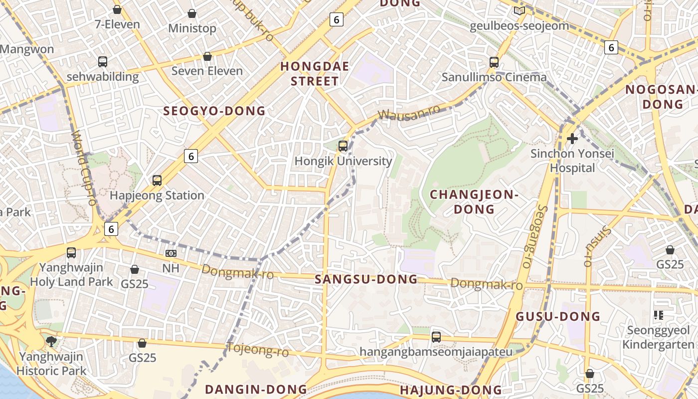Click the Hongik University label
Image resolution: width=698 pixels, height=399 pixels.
343,161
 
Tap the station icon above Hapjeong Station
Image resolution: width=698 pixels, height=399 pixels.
157,181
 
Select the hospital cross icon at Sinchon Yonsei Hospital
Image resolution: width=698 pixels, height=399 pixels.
572,138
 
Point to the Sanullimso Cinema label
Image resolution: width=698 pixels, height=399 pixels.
494,77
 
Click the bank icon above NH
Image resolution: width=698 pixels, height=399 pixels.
171,253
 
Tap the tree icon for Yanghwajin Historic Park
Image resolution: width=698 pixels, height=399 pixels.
51,341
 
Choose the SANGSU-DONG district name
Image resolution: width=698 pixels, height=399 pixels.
366,279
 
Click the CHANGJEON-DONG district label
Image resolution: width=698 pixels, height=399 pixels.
474,201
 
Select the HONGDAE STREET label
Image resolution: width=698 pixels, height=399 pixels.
315,73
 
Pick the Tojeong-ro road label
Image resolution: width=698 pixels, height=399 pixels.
258,350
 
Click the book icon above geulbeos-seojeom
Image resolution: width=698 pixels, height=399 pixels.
519,10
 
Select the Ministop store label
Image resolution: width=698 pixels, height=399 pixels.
192,28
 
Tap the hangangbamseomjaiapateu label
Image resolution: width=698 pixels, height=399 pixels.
436,352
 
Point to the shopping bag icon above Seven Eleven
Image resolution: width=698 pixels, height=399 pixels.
207,56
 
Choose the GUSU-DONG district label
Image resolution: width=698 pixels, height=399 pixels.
557,316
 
